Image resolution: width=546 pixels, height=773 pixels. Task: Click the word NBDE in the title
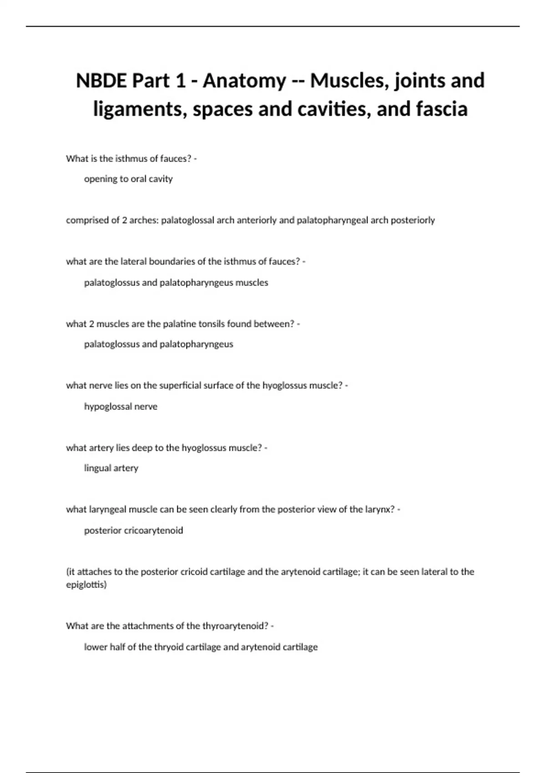101,81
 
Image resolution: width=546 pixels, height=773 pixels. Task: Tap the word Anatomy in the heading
244,81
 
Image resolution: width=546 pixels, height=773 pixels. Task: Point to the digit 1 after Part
181,81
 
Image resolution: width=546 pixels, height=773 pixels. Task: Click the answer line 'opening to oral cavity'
128,179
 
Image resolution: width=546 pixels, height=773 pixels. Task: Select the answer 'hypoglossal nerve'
121,407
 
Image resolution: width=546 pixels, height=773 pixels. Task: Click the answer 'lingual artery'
111,468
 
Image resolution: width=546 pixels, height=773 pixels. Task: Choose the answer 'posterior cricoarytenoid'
133,530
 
